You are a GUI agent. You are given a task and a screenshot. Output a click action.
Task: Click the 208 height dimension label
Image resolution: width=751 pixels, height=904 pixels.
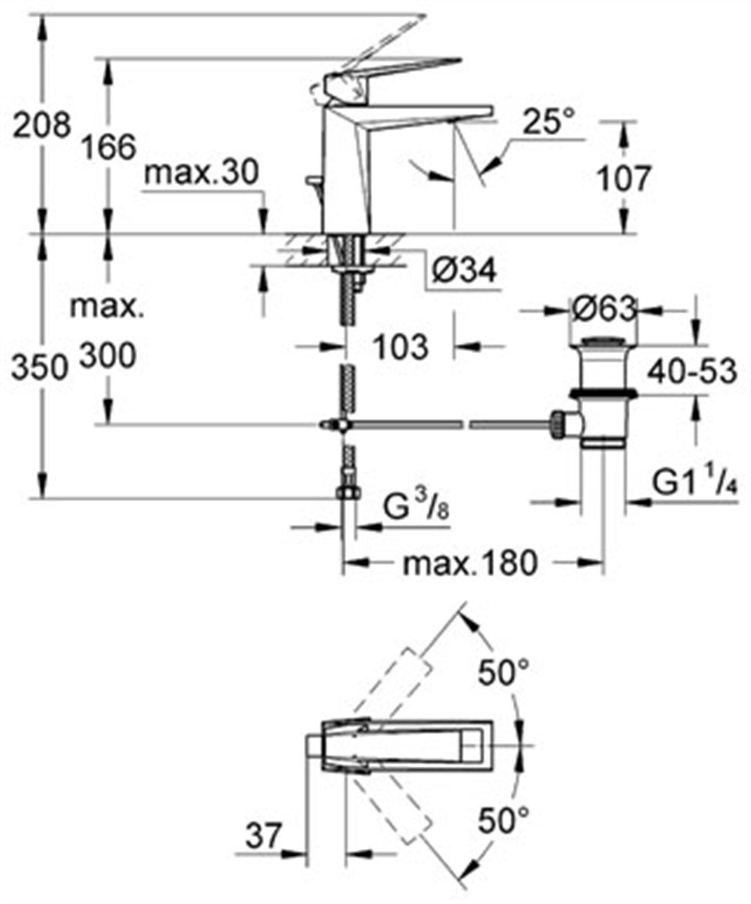tap(41, 125)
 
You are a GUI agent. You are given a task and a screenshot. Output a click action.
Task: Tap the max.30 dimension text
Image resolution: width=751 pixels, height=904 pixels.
tap(200, 173)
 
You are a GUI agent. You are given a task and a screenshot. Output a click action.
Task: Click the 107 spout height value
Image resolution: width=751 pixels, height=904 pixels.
tap(622, 179)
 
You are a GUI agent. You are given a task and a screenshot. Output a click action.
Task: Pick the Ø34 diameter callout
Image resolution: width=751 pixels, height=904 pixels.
tap(464, 271)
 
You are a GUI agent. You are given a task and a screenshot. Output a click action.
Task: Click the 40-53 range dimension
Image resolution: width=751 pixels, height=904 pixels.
tap(692, 371)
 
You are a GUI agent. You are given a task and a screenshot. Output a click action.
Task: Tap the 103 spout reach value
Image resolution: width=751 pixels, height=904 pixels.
tap(401, 346)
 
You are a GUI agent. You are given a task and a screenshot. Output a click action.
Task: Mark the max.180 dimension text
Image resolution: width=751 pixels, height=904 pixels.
tap(470, 563)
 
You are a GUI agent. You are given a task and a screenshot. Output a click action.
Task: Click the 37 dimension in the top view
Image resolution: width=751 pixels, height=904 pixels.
tap(263, 837)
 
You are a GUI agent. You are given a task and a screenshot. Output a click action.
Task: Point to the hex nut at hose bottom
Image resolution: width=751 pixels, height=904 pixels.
tap(347, 493)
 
